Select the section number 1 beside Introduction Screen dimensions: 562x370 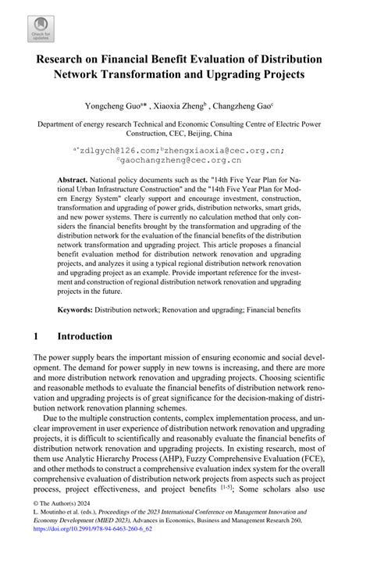tap(37, 337)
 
